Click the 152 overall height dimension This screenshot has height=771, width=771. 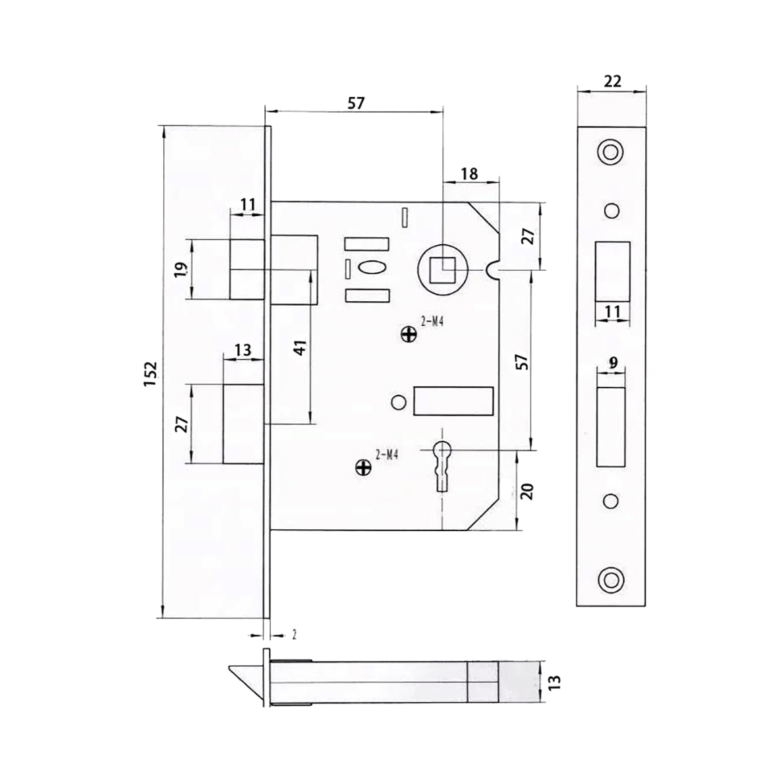(x=150, y=374)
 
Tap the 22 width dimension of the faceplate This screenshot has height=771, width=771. (x=612, y=80)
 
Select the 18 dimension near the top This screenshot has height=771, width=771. (x=469, y=173)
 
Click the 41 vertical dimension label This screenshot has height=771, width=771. (x=300, y=347)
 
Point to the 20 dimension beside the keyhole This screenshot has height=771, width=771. (x=527, y=491)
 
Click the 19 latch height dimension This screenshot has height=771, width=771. (x=181, y=270)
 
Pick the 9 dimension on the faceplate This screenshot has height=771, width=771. (x=613, y=363)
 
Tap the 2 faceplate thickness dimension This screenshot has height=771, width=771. (x=294, y=635)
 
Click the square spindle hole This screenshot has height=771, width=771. (x=442, y=270)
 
